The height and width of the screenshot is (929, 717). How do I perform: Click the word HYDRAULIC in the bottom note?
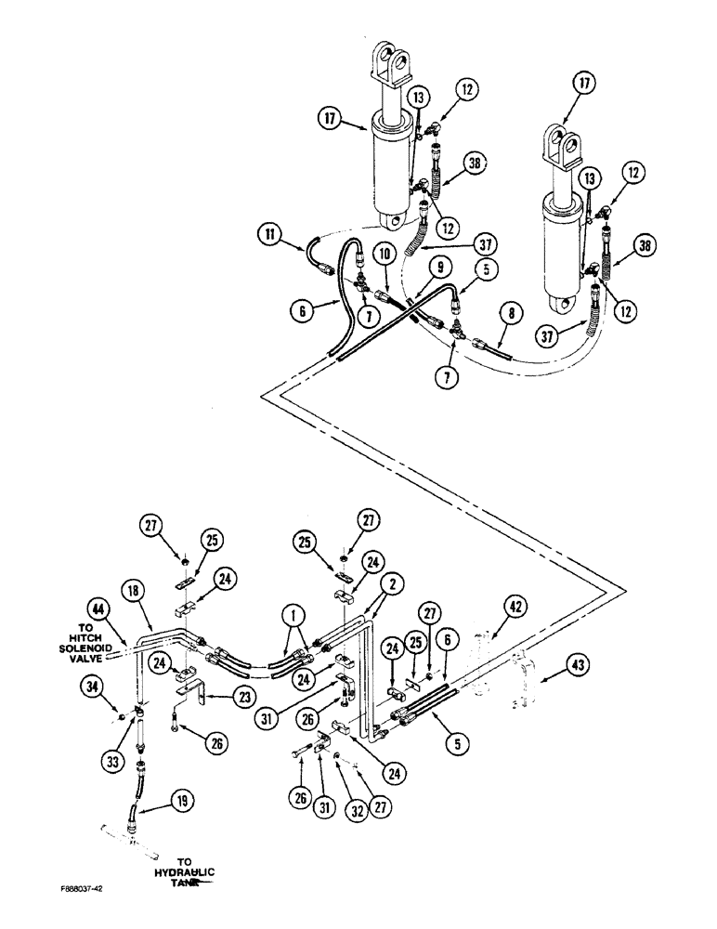pos(183,872)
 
